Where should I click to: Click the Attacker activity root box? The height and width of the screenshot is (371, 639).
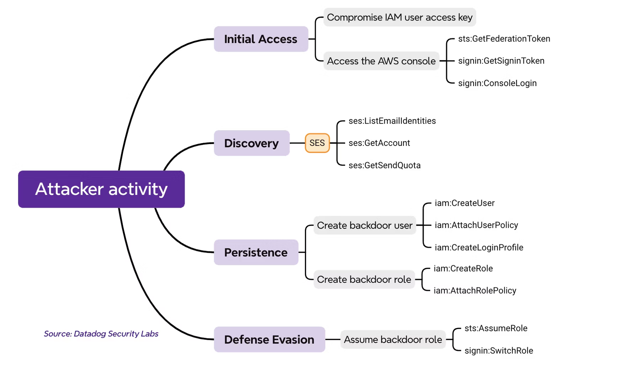pyautogui.click(x=101, y=189)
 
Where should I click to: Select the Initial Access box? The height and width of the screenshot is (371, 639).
pyautogui.click(x=261, y=39)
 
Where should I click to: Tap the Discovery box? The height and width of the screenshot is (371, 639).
pyautogui.click(x=252, y=143)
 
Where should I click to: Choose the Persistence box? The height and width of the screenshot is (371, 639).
pyautogui.click(x=256, y=252)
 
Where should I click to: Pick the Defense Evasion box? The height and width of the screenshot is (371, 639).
pyautogui.click(x=269, y=340)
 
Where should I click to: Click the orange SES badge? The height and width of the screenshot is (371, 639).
pyautogui.click(x=317, y=143)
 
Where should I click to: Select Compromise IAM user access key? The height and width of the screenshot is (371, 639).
pyautogui.click(x=399, y=17)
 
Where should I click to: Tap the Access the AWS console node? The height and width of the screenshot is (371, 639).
pyautogui.click(x=381, y=61)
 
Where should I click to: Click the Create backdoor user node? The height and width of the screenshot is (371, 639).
pyautogui.click(x=364, y=225)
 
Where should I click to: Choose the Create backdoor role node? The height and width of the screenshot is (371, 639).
pyautogui.click(x=364, y=279)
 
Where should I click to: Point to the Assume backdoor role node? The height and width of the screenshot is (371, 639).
pyautogui.click(x=393, y=340)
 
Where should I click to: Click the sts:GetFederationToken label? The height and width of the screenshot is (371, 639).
pyautogui.click(x=504, y=39)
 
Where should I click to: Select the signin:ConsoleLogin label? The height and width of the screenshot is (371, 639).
pyautogui.click(x=497, y=83)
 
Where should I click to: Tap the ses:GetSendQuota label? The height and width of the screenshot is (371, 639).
pyautogui.click(x=384, y=165)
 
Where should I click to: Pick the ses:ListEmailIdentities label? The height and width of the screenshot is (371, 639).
pyautogui.click(x=392, y=121)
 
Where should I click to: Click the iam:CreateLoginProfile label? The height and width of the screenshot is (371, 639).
pyautogui.click(x=479, y=247)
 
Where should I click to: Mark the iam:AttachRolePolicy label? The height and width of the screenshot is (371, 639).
pyautogui.click(x=475, y=290)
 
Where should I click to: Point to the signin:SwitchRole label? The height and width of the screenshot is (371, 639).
pyautogui.click(x=498, y=351)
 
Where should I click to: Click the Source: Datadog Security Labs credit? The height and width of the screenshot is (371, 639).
pyautogui.click(x=101, y=333)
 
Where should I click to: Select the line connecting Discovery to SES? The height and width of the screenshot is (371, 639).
pyautogui.click(x=297, y=143)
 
